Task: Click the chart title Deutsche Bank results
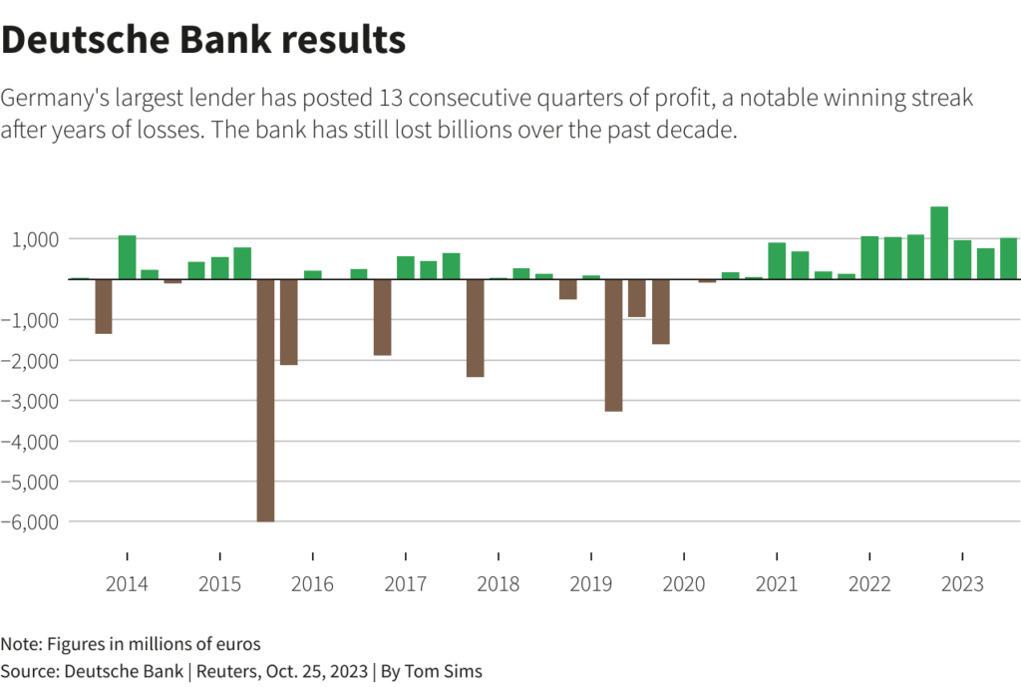(x=203, y=40)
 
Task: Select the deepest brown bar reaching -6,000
(x=265, y=399)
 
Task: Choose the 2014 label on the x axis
(x=127, y=584)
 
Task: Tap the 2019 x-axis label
(x=591, y=584)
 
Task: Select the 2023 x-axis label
(x=962, y=584)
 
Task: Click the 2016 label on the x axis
(x=312, y=584)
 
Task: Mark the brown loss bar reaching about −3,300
(x=613, y=345)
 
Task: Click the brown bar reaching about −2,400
(x=475, y=328)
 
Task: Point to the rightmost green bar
(x=1008, y=258)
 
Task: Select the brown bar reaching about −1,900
(x=382, y=317)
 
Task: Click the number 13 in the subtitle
(x=392, y=99)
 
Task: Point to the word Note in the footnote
(x=21, y=644)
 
